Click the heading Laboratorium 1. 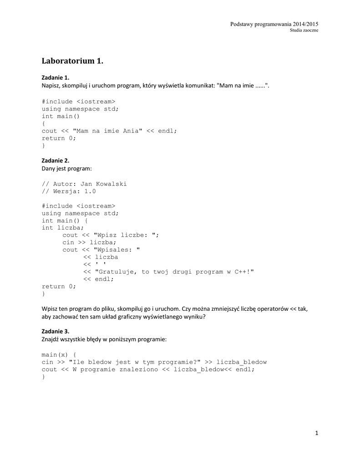pyautogui.click(x=73, y=61)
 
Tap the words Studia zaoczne pyautogui.click(x=304, y=30)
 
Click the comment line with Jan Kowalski pyautogui.click(x=84, y=184)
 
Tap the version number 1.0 pyautogui.click(x=90, y=191)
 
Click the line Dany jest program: pyautogui.click(x=67, y=169)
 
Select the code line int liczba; pyautogui.click(x=63, y=228)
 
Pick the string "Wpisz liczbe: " pyautogui.click(x=126, y=235)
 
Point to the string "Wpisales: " pyautogui.click(x=117, y=249)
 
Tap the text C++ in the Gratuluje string pyautogui.click(x=242, y=272)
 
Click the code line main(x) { pyautogui.click(x=59, y=355)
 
